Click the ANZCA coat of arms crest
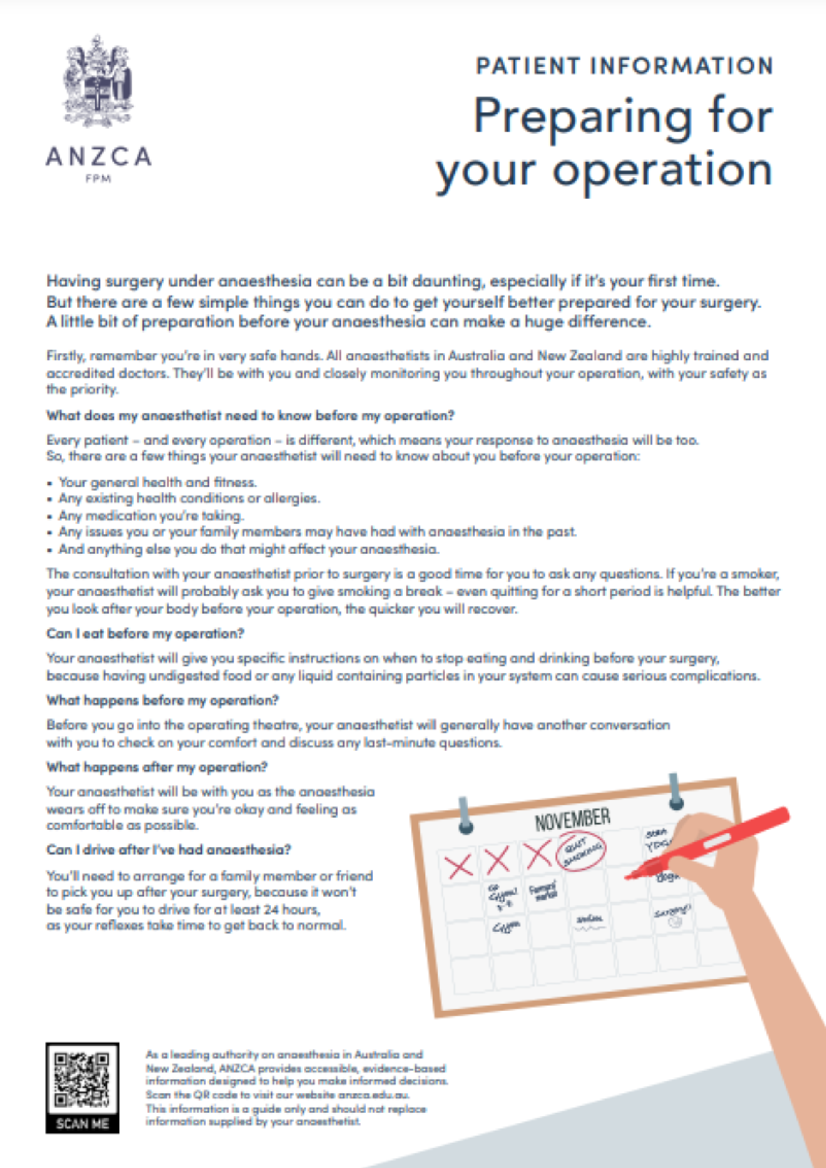tap(98, 82)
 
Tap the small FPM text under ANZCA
tap(98, 179)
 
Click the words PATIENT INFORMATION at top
tap(624, 66)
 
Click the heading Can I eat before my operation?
tap(145, 634)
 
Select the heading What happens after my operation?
tap(157, 767)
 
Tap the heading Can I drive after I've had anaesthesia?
tap(169, 850)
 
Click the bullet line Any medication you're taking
tap(151, 515)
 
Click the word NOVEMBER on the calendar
tap(572, 819)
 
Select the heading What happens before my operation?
tap(162, 700)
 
